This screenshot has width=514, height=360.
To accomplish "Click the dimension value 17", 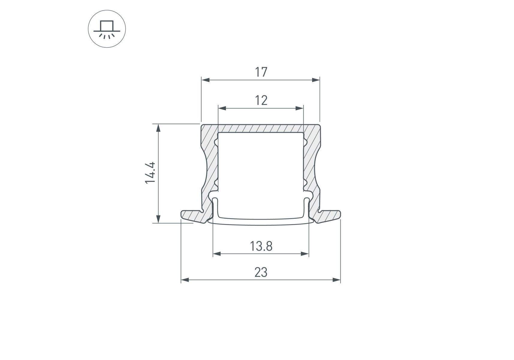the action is tap(261, 72).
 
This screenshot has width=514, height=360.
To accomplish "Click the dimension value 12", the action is tap(261, 100).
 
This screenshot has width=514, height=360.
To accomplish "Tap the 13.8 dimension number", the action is tap(261, 246).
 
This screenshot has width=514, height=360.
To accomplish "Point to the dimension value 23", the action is tap(261, 272).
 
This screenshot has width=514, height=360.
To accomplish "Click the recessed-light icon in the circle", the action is tap(107, 29).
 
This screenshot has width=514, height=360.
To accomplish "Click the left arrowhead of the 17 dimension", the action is tap(205, 80).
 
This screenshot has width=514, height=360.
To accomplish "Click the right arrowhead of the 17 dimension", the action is tap(316, 80).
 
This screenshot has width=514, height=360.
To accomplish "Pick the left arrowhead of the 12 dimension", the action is tap(222, 108).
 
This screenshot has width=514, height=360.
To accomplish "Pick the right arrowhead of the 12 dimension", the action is tap(299, 108).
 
